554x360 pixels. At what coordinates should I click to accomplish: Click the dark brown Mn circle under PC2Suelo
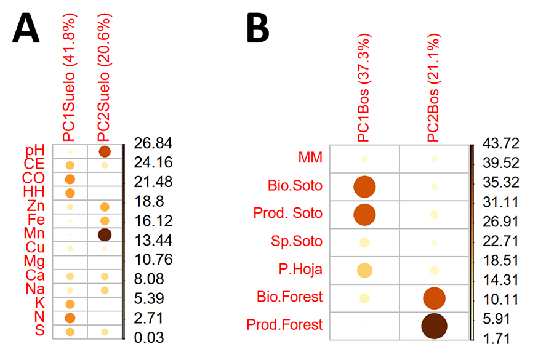click(105, 234)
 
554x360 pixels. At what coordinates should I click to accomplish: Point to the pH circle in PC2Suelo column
click(105, 151)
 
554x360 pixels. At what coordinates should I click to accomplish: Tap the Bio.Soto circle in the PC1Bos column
click(364, 186)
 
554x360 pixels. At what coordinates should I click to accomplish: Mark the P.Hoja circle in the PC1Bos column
click(364, 270)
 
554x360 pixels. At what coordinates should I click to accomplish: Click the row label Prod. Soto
click(287, 214)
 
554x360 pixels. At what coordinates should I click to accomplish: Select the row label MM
click(311, 158)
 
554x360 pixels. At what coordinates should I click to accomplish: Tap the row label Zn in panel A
click(35, 206)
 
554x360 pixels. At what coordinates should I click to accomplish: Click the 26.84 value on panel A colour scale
click(153, 144)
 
